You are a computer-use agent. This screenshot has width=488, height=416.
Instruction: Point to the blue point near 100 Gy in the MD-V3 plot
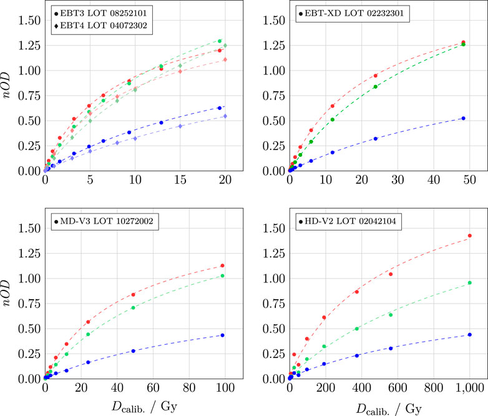[x=222, y=335]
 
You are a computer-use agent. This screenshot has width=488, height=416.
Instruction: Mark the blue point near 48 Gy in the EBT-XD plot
[x=463, y=118]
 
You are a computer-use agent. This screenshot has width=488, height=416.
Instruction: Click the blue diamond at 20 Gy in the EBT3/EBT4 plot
[x=225, y=116]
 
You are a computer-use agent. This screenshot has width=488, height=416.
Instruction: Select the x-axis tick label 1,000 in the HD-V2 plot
[x=469, y=389]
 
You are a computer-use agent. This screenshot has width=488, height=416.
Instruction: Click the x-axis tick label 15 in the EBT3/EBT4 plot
[x=180, y=181]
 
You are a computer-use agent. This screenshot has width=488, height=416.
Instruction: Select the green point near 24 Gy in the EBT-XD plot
[x=376, y=87]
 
